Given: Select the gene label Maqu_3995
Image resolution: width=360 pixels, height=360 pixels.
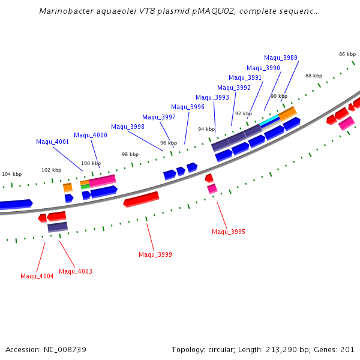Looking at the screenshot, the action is [229, 232].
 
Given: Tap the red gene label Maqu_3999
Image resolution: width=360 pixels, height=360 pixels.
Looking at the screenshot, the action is [155, 254].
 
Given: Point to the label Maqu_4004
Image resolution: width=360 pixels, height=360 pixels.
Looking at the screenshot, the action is [37, 276].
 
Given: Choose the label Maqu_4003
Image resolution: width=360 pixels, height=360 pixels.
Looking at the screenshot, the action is [76, 271].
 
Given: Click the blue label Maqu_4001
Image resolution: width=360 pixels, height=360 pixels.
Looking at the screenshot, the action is [53, 142].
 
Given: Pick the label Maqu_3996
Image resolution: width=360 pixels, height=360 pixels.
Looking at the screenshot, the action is [188, 107].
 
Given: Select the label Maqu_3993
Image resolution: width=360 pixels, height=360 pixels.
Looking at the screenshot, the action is [212, 97].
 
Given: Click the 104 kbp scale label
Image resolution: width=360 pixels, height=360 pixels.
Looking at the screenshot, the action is [11, 174].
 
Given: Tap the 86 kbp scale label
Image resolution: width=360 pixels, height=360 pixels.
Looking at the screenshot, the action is [347, 54].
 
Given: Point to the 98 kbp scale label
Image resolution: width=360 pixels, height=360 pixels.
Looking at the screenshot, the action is [130, 154].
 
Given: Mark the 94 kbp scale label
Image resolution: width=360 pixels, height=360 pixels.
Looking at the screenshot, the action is [206, 129].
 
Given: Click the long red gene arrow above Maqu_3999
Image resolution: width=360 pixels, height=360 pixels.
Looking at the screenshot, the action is [142, 199].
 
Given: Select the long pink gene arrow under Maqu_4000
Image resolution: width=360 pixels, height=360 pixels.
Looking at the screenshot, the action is [102, 180].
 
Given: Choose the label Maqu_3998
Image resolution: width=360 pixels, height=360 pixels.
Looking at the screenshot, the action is [128, 127].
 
